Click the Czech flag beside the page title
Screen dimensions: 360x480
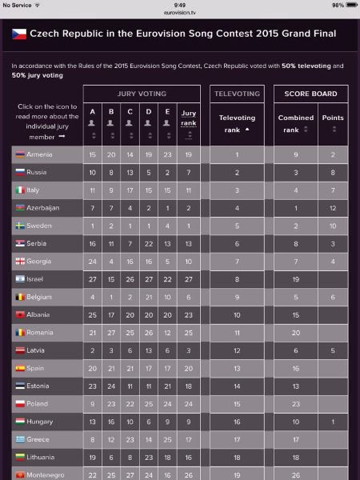pyautogui.click(x=19, y=34)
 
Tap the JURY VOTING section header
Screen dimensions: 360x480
pyautogui.click(x=142, y=94)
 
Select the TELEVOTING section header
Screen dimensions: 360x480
pyautogui.click(x=237, y=94)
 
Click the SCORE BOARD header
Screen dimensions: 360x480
pyautogui.click(x=310, y=94)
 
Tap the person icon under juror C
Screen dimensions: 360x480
pyautogui.click(x=130, y=122)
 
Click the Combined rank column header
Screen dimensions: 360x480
pyautogui.click(x=296, y=124)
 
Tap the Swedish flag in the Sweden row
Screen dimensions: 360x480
pyautogui.click(x=20, y=226)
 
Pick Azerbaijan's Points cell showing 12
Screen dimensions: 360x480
pyautogui.click(x=333, y=208)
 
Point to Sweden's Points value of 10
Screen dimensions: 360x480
pyautogui.click(x=333, y=226)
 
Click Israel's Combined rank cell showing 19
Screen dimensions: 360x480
pyautogui.click(x=296, y=279)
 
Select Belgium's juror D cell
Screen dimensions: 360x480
pyautogui.click(x=149, y=298)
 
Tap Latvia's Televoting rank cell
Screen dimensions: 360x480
pyautogui.click(x=237, y=350)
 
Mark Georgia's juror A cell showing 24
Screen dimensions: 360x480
pyautogui.click(x=93, y=262)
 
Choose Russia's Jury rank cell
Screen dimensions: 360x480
pyautogui.click(x=189, y=172)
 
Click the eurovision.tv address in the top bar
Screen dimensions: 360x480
pyautogui.click(x=180, y=13)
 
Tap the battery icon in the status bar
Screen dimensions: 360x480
pyautogui.click(x=352, y=5)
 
